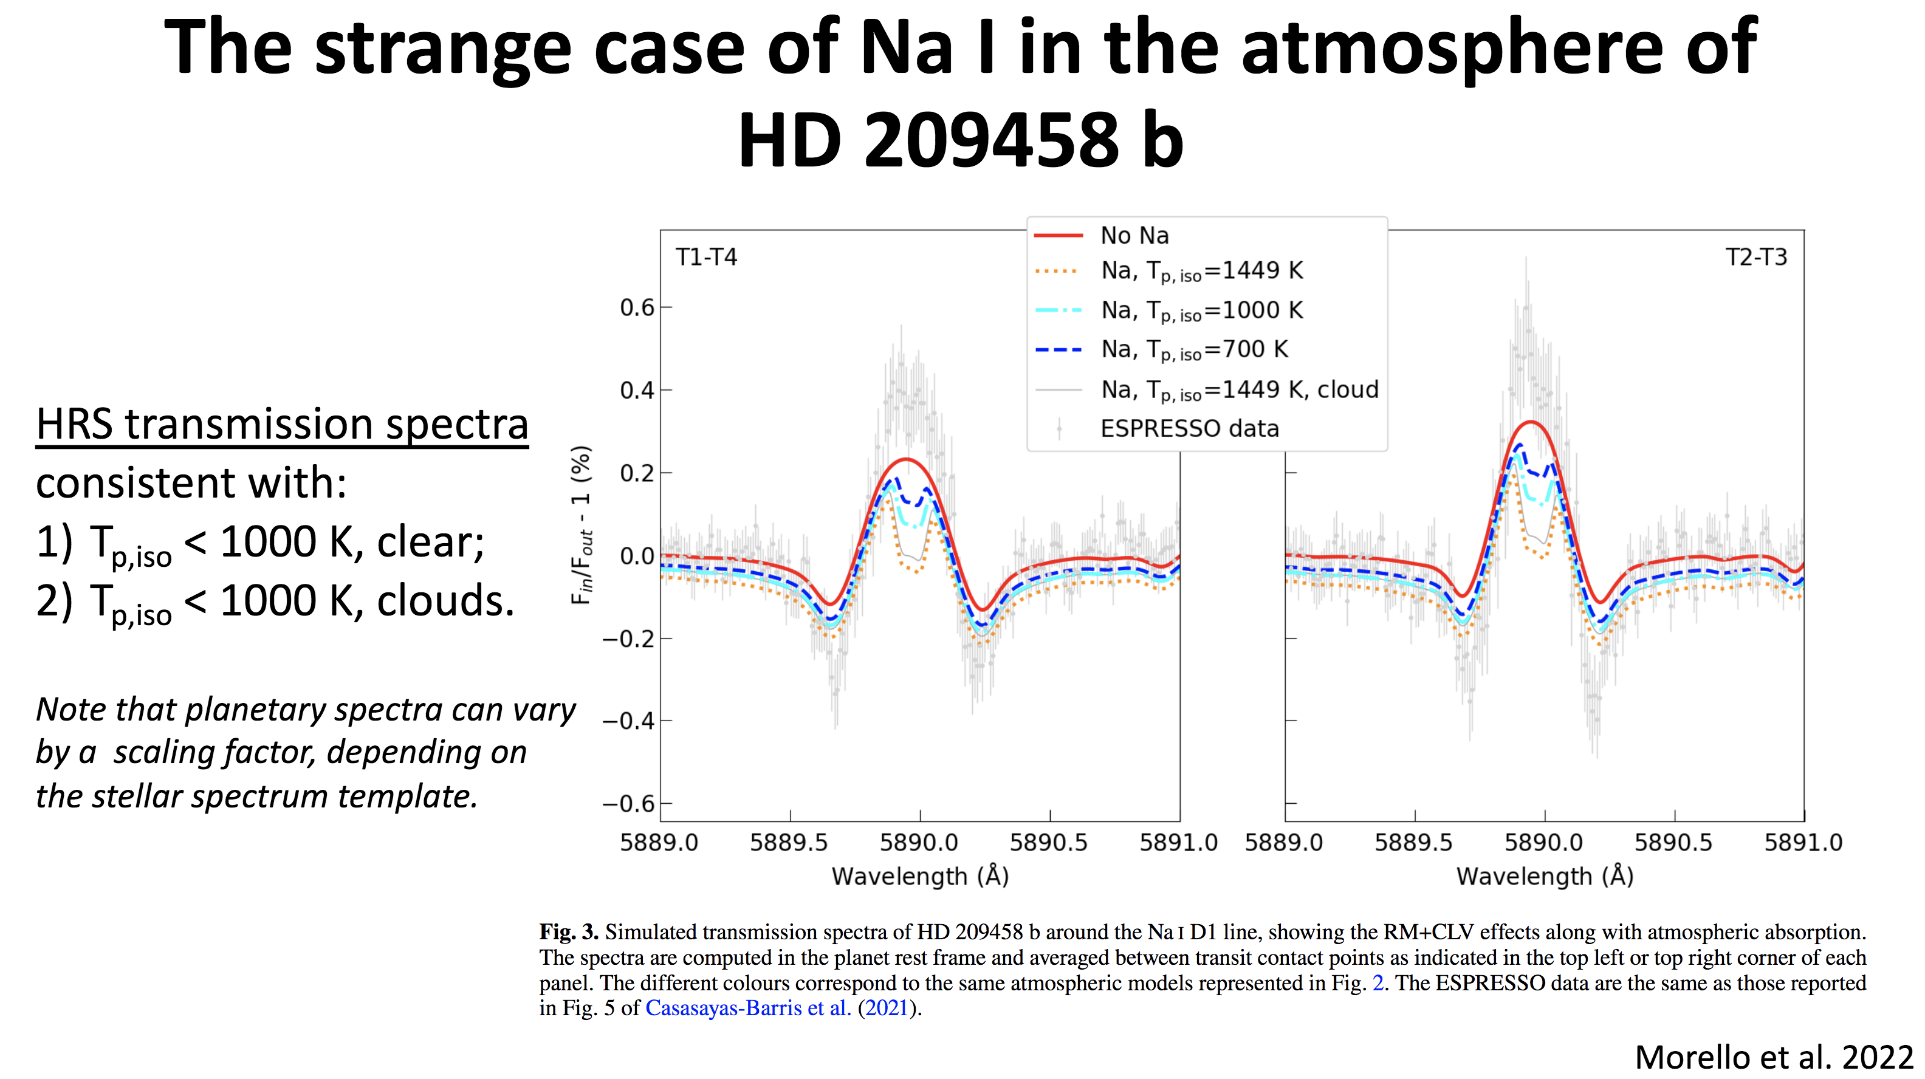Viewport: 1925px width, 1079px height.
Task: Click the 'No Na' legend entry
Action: pos(1134,235)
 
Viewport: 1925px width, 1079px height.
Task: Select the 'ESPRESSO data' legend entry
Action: pos(1189,428)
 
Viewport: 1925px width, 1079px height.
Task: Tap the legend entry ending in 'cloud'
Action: pos(1239,389)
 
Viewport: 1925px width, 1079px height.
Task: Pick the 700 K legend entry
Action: pos(1194,349)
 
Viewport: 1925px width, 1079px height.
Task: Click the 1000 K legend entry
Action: pos(1202,310)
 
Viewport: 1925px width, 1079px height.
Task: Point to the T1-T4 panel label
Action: pos(706,257)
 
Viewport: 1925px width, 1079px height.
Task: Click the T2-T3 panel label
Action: pos(1755,257)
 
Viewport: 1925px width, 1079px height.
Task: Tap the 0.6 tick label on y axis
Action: pos(637,307)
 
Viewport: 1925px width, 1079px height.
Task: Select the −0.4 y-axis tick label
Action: pos(628,721)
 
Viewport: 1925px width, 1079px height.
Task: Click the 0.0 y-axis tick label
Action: pos(637,556)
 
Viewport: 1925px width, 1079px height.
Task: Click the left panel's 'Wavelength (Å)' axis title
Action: pos(920,875)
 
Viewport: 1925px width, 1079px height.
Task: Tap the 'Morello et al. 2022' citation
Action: pos(1773,1057)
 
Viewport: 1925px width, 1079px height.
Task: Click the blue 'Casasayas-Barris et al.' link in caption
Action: pos(748,1008)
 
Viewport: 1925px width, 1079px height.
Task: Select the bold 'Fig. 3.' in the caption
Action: pos(569,932)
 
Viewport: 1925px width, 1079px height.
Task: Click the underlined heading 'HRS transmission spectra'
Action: pos(283,425)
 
